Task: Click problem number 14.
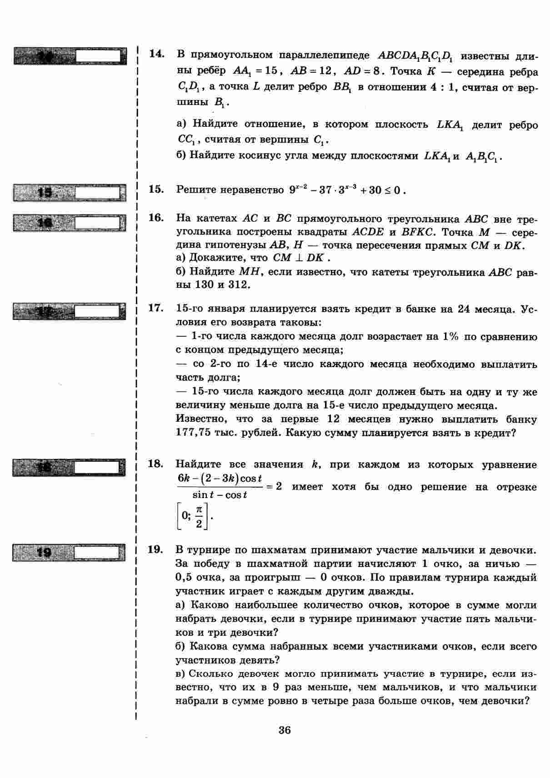pos(156,54)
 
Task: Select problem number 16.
pos(156,218)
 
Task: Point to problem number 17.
pos(156,308)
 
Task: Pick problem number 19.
pos(156,549)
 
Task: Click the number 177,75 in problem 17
pos(193,433)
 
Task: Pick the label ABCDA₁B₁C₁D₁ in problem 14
pos(415,56)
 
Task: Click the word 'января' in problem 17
pos(226,309)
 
